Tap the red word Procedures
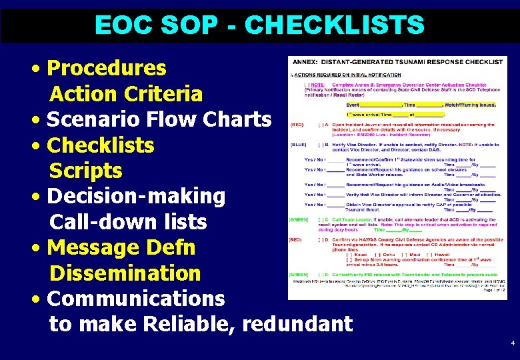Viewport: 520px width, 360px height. [x=107, y=68]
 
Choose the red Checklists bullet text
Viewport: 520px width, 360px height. [x=101, y=145]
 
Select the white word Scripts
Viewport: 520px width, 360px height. [x=86, y=171]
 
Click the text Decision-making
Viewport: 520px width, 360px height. [x=137, y=196]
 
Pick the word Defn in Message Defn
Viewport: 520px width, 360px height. [x=171, y=247]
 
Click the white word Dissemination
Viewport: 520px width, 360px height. [x=125, y=273]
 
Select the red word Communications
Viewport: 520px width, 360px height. [x=137, y=298]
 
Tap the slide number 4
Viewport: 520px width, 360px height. [x=512, y=343]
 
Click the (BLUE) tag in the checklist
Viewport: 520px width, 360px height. [x=298, y=144]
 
